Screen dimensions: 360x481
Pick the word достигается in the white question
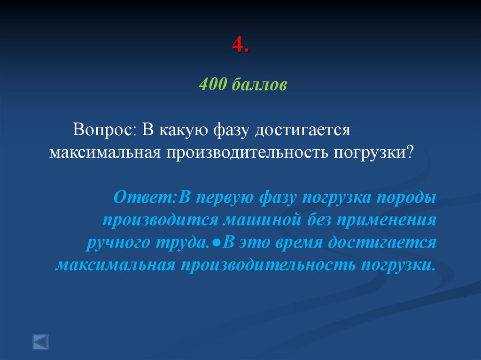click(x=303, y=130)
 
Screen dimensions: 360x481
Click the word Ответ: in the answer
click(x=144, y=197)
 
